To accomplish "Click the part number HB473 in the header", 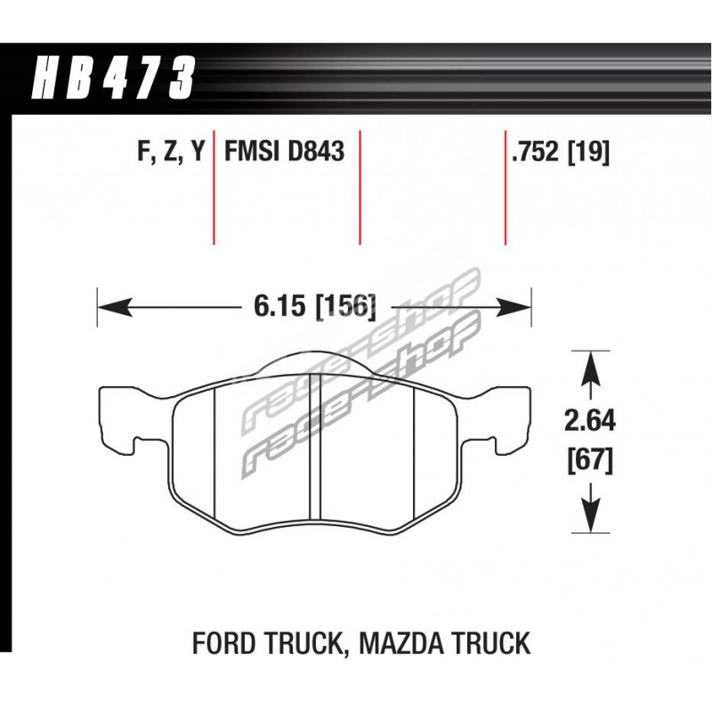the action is click(113, 77).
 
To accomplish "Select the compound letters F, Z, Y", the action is click(171, 151).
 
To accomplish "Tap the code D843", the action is click(316, 150).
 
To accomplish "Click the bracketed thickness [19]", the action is click(588, 151).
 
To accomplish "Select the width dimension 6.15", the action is click(279, 305).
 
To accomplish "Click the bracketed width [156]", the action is click(345, 306).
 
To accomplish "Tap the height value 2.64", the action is click(590, 420).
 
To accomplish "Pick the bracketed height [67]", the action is click(590, 460).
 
